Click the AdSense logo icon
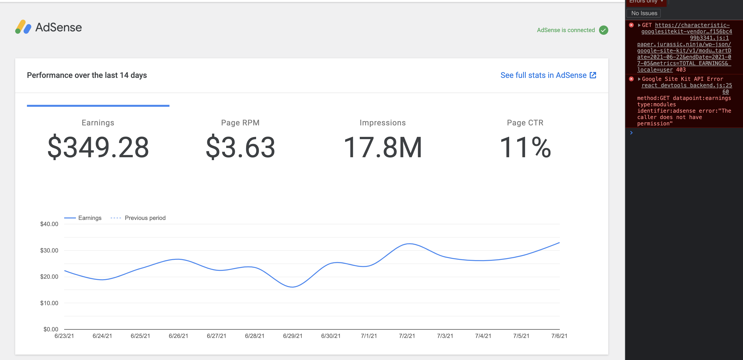click(x=23, y=27)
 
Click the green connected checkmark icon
click(x=603, y=30)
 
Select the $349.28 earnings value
click(x=98, y=147)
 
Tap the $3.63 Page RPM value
click(x=240, y=147)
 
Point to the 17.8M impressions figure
click(x=383, y=147)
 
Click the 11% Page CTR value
click(x=525, y=147)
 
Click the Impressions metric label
click(x=383, y=123)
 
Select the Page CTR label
click(x=525, y=123)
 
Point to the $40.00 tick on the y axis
click(x=49, y=224)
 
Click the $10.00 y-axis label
click(x=49, y=303)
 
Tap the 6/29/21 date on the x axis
click(x=292, y=336)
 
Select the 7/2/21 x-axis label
click(x=407, y=336)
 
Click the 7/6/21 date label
click(x=559, y=336)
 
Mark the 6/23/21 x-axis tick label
click(x=64, y=336)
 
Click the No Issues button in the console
click(x=644, y=13)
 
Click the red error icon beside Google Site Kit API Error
click(x=631, y=79)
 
